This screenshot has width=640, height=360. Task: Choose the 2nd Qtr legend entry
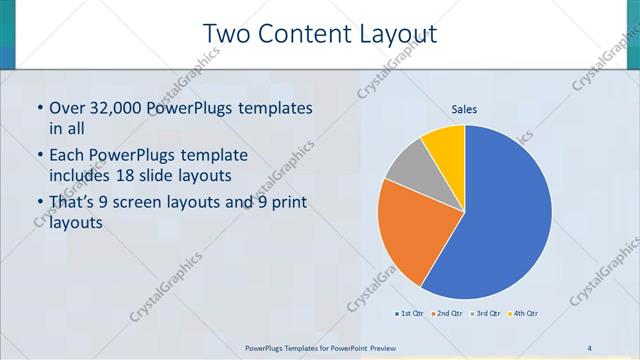pos(447,314)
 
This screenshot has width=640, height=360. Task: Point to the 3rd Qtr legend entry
pos(487,314)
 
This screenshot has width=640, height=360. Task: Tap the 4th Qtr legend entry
pos(526,314)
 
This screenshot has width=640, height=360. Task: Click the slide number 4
pos(590,347)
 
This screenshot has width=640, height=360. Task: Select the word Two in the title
pos(225,35)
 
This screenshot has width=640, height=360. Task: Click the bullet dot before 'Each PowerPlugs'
pos(39,156)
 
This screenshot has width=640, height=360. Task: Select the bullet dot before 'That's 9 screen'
pos(39,204)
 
